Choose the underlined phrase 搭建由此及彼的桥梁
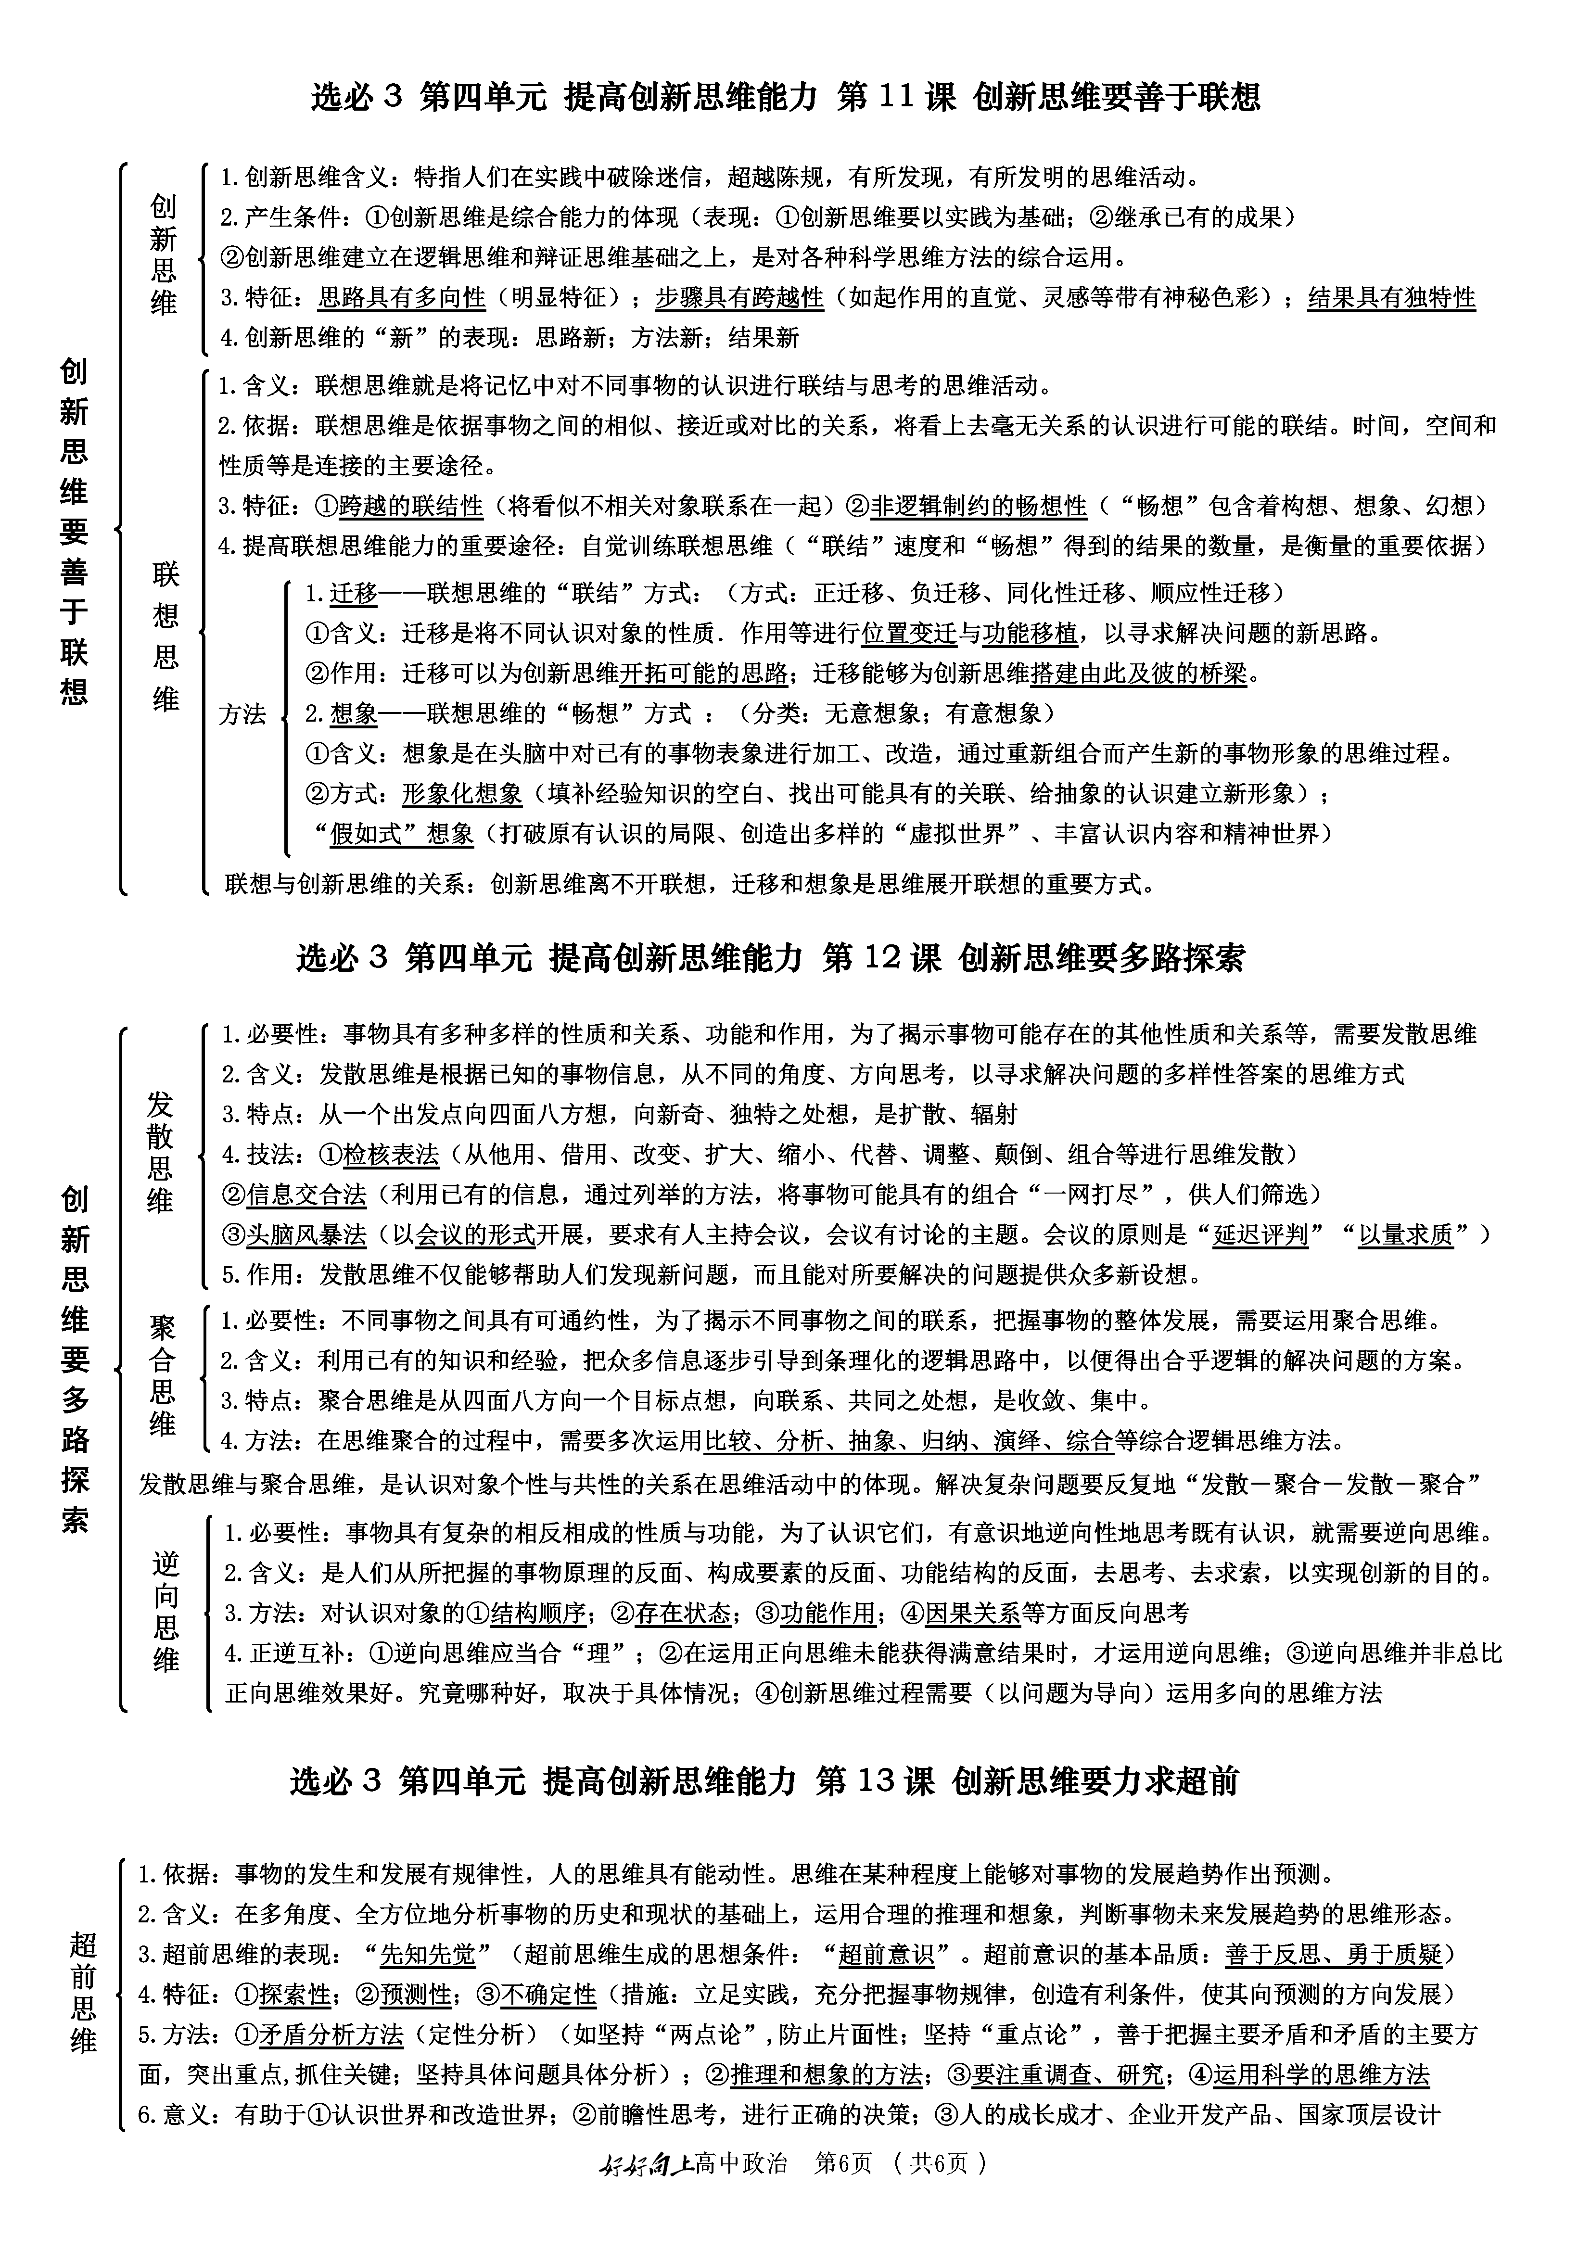1138,673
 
